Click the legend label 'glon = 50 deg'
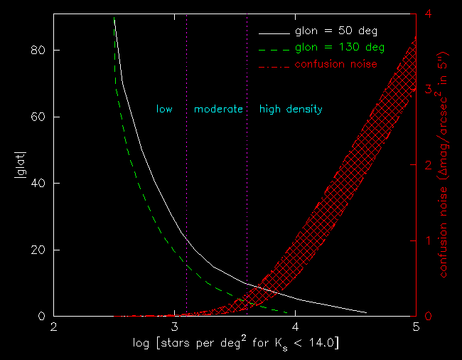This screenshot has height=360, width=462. coord(335,32)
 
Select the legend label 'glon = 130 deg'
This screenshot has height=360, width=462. coord(340,48)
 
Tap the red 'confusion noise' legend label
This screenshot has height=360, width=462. coord(335,64)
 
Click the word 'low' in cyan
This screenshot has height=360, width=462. coord(164,110)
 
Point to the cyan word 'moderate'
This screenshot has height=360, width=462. coord(218,110)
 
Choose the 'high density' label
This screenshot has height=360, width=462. coord(291,110)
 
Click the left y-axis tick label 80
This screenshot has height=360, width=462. coord(41,51)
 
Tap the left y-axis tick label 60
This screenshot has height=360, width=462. coord(41,117)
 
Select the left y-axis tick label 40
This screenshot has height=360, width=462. coord(41,184)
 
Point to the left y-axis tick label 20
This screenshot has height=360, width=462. coord(41,250)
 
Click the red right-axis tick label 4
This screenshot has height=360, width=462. coord(426,14)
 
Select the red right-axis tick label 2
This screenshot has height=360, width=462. coord(426,164)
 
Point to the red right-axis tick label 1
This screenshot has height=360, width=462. coord(426,240)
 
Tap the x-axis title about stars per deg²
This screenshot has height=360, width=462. coord(235,344)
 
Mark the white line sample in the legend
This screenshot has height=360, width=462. coord(274,32)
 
